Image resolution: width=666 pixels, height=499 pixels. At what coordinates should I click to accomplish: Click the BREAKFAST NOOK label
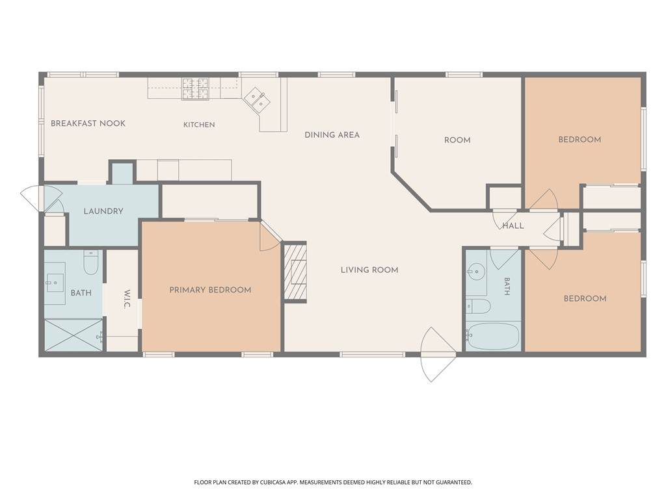(88, 123)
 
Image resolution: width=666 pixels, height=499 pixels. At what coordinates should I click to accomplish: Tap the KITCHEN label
(199, 125)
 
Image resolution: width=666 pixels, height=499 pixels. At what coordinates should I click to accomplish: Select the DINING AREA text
(332, 135)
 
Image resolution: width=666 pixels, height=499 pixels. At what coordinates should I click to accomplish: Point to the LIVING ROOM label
(369, 270)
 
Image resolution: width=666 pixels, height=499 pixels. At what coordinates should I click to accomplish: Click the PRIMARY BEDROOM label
(210, 290)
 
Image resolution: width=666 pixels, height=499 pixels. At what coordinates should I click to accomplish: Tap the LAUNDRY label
(103, 211)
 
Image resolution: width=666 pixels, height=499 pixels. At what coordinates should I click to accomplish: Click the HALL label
(513, 225)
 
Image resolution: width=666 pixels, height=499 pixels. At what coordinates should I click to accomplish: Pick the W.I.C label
(127, 299)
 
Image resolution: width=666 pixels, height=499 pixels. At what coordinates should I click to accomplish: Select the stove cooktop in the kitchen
(196, 88)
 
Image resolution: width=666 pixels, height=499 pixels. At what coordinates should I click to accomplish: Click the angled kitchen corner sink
(256, 100)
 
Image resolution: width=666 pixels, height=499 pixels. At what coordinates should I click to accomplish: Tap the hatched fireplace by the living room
(295, 272)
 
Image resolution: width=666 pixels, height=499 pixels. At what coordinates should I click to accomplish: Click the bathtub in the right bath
(493, 337)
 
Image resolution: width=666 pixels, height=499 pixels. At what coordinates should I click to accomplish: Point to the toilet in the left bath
(91, 262)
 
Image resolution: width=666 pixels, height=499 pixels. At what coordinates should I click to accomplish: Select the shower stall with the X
(74, 335)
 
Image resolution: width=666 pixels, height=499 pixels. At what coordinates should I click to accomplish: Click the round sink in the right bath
(477, 271)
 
